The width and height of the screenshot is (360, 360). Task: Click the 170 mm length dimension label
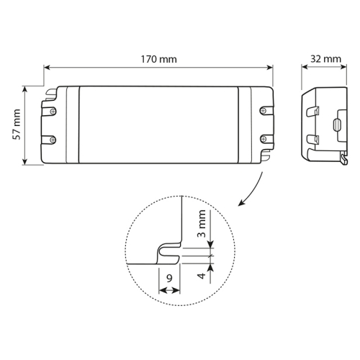point(158,59)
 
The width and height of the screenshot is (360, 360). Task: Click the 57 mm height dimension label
point(17,124)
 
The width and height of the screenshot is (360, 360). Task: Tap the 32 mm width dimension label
point(325,58)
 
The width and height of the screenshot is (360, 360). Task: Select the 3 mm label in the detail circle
point(202,223)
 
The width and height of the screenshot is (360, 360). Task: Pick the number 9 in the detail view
point(169,279)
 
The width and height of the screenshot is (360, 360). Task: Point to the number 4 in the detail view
point(202,275)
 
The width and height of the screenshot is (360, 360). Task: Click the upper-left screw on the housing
point(53,111)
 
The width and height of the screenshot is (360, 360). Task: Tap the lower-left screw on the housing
point(53,140)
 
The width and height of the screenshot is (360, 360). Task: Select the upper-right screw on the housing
point(264,111)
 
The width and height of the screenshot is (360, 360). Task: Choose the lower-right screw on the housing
point(264,138)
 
